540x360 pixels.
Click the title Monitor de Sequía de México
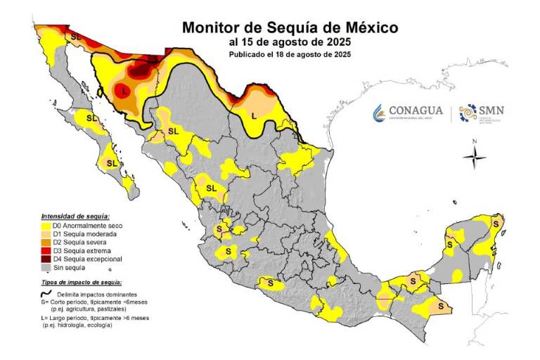click(x=290, y=27)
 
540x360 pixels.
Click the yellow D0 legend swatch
click(x=46, y=226)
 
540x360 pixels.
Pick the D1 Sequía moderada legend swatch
click(x=46, y=234)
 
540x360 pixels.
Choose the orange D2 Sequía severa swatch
click(x=46, y=243)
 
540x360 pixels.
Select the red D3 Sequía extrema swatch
click(x=46, y=251)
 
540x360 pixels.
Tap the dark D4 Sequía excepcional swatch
click(x=46, y=259)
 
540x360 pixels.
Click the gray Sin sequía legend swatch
click(x=46, y=268)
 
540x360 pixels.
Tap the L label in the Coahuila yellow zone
click(x=255, y=114)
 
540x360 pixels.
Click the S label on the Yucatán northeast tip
click(x=496, y=224)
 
